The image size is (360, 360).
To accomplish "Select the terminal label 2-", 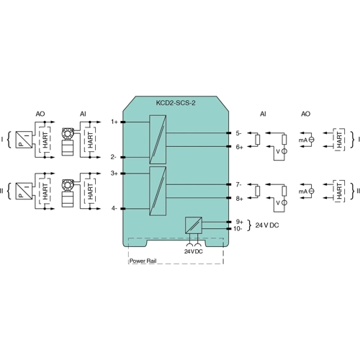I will click(x=114, y=156).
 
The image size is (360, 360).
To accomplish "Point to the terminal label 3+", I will click(x=114, y=173).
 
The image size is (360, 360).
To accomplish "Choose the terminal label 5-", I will click(x=239, y=133).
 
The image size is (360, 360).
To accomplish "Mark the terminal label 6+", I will click(x=239, y=146).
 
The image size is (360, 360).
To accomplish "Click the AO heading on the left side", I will click(x=40, y=114).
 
